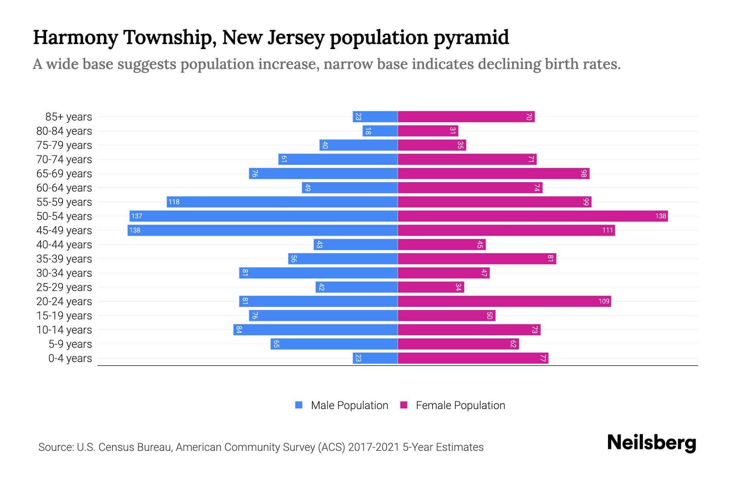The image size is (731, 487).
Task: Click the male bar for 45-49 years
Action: pos(262,231)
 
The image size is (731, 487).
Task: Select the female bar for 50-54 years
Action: pos(532,216)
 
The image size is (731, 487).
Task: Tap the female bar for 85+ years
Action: pos(466,117)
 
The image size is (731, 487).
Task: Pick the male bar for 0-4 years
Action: pos(375,358)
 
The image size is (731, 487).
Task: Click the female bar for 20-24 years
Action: pos(504,302)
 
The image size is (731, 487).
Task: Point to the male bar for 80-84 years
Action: pos(380,131)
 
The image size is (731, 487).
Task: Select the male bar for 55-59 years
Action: pos(282,202)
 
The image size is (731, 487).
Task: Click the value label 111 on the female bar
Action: pos(607,231)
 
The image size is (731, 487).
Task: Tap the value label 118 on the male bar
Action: pos(174,202)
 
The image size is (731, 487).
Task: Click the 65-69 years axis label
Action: pos(64,174)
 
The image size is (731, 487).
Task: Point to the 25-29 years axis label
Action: pos(64,287)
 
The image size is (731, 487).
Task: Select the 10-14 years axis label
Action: pos(64,330)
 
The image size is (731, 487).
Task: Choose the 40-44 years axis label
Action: pos(64,245)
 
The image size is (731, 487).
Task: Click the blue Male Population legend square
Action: pos(299,405)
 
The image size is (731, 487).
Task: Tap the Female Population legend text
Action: pos(460,405)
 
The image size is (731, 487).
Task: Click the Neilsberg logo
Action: pos(651,443)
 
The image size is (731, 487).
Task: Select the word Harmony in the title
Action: pos(76,38)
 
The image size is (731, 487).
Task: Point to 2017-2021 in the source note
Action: pos(373,447)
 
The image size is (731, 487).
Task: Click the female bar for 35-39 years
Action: pos(477,259)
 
